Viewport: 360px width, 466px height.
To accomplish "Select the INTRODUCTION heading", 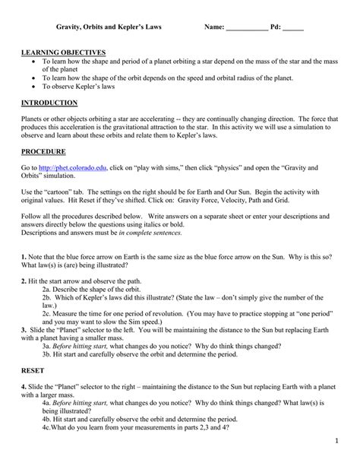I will (x=49, y=103).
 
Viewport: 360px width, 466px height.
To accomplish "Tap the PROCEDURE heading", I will (x=45, y=151).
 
